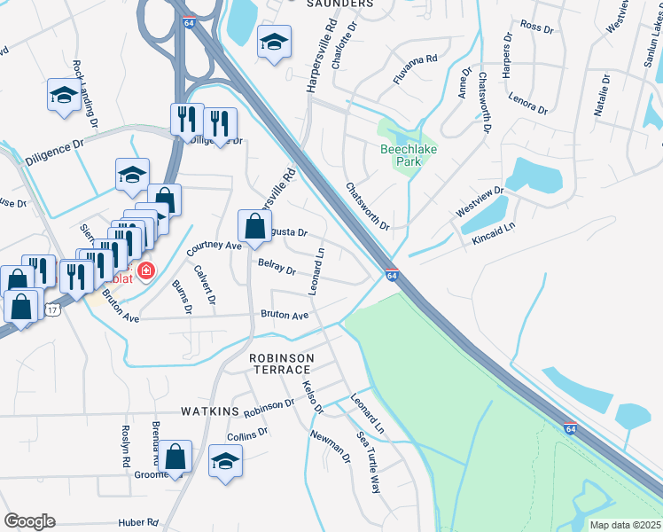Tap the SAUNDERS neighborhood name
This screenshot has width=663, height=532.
tap(339, 4)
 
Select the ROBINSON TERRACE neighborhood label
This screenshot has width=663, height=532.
tap(281, 364)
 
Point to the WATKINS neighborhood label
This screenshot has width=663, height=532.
tap(210, 411)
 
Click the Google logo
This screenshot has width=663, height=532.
tap(29, 520)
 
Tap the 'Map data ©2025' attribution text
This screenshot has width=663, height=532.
tap(625, 525)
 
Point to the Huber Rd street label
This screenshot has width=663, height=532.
tap(139, 522)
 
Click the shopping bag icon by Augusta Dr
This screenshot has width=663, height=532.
tap(255, 226)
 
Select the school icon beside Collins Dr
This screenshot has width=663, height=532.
tap(226, 461)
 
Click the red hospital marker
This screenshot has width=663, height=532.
tap(144, 270)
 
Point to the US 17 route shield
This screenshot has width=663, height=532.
tap(53, 309)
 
